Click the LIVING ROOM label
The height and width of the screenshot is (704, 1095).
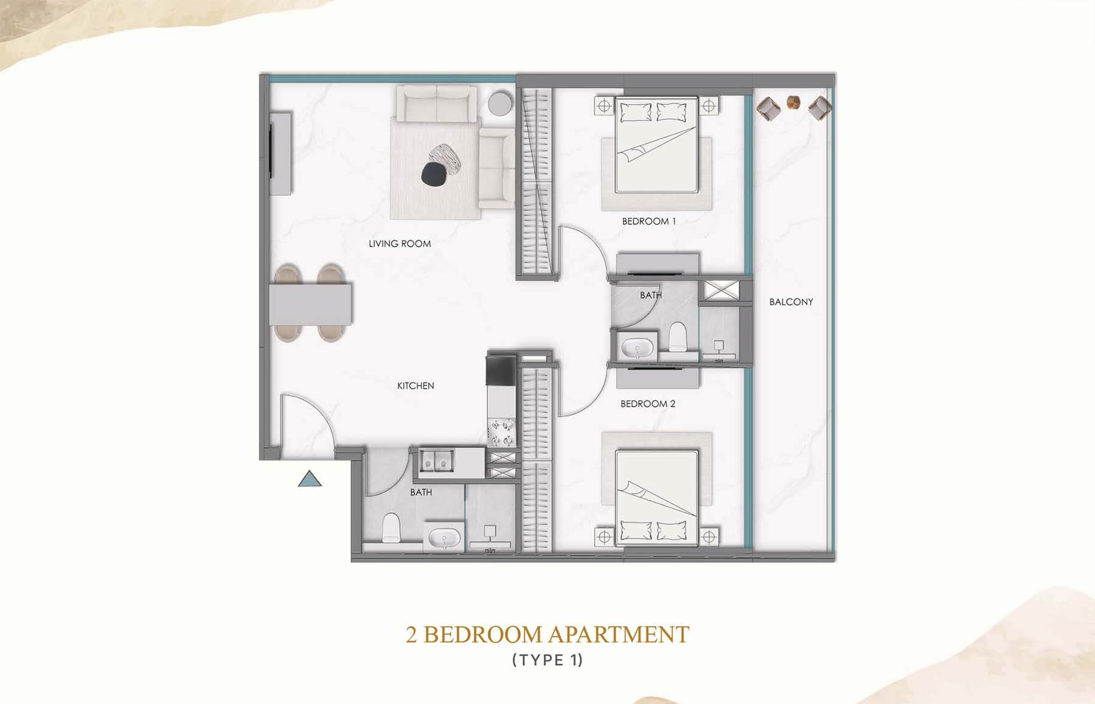400,243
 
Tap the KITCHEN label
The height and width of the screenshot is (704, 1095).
415,386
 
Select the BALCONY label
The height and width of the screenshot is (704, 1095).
791,302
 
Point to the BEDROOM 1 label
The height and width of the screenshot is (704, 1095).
648,221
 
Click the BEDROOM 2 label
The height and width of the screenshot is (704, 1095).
648,404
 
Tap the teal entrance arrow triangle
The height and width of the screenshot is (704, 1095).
310,479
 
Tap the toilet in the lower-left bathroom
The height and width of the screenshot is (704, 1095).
390,527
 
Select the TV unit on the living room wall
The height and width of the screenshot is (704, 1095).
280,152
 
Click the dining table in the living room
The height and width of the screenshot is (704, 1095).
310,304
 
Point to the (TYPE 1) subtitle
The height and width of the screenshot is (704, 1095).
547,660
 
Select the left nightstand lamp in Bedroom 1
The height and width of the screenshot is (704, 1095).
604,106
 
